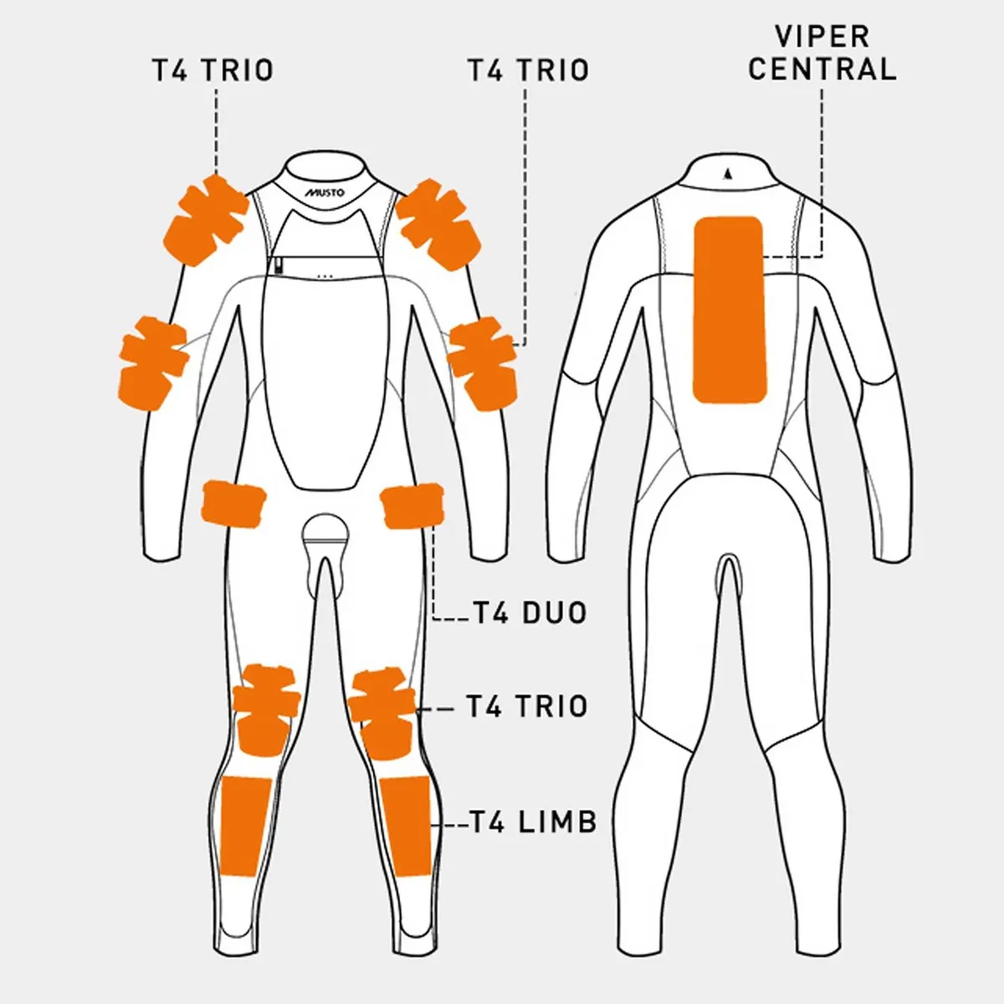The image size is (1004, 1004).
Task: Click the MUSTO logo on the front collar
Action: click(324, 192)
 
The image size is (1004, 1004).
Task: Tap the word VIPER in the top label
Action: click(822, 37)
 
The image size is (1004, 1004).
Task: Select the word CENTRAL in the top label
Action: click(822, 69)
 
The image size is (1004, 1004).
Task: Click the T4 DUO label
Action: click(530, 612)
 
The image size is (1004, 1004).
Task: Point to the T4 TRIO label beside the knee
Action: click(527, 706)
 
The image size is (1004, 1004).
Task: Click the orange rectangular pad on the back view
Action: click(730, 310)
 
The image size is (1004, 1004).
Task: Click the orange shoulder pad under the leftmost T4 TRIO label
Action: click(205, 221)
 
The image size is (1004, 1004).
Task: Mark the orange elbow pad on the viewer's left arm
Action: click(154, 363)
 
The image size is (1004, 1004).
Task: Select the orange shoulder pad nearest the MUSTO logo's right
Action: click(438, 224)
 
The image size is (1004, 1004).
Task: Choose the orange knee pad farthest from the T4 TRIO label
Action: click(266, 710)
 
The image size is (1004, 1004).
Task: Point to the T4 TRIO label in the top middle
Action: click(529, 70)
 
